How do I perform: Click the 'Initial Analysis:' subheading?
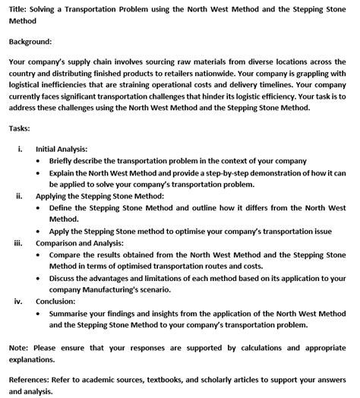62,149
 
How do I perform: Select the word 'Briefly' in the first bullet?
64,161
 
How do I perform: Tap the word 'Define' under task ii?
63,207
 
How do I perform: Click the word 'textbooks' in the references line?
168,380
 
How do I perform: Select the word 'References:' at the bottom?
31,380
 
